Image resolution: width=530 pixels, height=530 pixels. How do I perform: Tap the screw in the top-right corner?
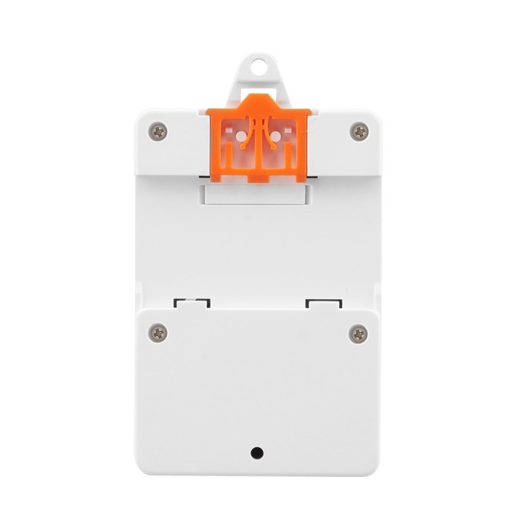(358, 131)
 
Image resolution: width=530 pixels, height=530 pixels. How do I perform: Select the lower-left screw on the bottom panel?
(158, 333)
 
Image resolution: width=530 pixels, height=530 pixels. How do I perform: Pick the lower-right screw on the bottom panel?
(358, 333)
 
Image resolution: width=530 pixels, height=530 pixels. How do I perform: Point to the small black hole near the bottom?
(257, 453)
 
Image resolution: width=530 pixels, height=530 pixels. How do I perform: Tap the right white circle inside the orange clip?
(276, 136)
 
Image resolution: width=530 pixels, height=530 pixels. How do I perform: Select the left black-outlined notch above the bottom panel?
(192, 303)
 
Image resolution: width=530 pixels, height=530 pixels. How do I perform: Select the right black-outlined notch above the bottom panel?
(324, 303)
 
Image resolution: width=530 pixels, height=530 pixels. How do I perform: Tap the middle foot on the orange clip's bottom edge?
(258, 179)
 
